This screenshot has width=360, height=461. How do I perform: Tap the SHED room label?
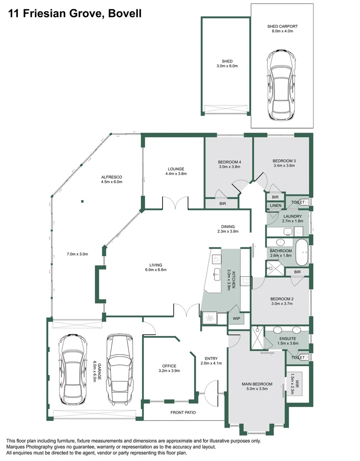coord(227,61)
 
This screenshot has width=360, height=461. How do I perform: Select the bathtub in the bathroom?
coord(302,253)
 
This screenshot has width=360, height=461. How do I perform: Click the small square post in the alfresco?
coord(83,201)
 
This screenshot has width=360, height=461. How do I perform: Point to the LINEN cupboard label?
coord(276,205)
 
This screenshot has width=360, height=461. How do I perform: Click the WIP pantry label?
coord(236,318)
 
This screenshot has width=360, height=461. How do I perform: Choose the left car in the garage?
coord(73,370)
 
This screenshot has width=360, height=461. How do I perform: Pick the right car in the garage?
coord(119,370)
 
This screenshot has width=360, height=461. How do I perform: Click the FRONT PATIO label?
coord(183,412)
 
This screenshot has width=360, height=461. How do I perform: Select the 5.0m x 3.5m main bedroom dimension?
coord(257,389)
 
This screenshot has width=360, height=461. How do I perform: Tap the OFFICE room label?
coord(169,366)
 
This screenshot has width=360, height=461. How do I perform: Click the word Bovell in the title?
coord(125,14)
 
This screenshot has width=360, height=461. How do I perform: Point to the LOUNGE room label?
coord(176,169)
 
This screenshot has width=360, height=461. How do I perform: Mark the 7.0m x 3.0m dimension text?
coord(78,254)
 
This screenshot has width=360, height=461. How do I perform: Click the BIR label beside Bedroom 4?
coord(223,204)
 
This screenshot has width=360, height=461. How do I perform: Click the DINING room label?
coord(228,227)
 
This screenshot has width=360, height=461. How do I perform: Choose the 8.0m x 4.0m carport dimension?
coord(282,31)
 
